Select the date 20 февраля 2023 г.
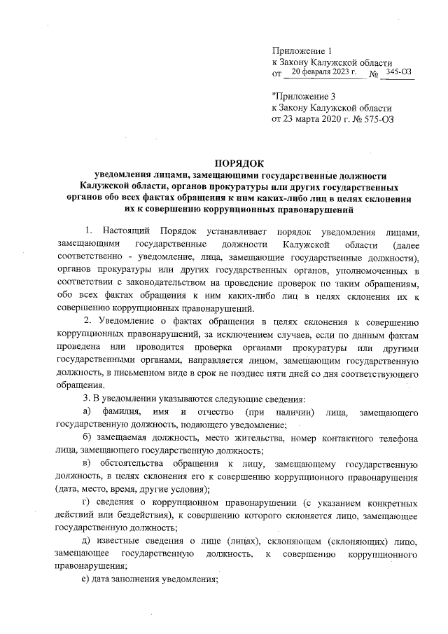(323, 71)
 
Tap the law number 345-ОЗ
(398, 71)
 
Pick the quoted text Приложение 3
(300, 97)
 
